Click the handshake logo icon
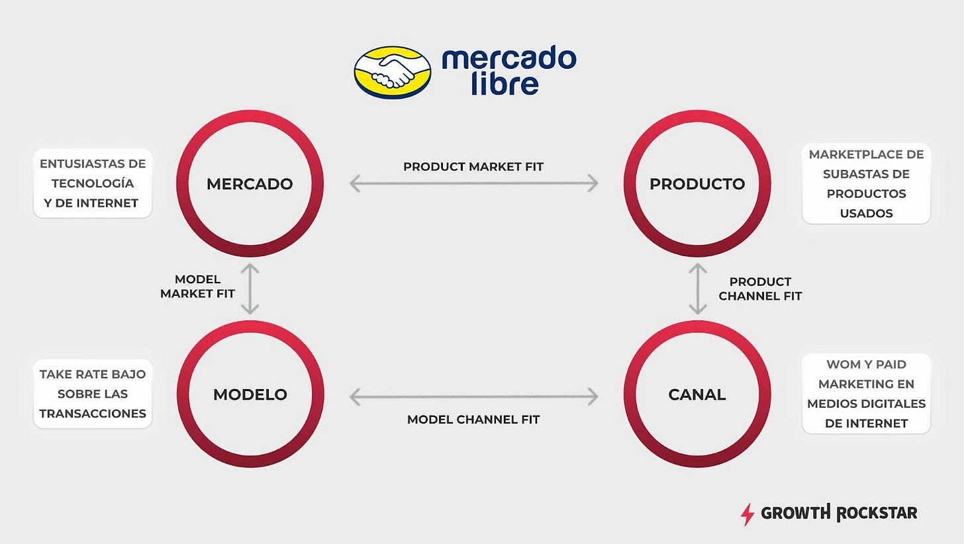pyautogui.click(x=392, y=72)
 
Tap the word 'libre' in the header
pyautogui.click(x=505, y=85)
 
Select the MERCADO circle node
pyautogui.click(x=250, y=183)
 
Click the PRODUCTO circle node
pyautogui.click(x=697, y=183)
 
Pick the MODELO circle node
pyautogui.click(x=250, y=395)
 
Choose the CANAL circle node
pyautogui.click(x=697, y=395)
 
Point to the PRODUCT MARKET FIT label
pyautogui.click(x=473, y=167)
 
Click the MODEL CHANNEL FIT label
pyautogui.click(x=473, y=420)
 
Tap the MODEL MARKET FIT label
pyautogui.click(x=197, y=287)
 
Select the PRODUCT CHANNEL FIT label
pyautogui.click(x=760, y=289)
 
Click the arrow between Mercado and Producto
pyautogui.click(x=473, y=183)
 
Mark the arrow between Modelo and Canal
pyautogui.click(x=473, y=396)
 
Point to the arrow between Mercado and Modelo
pyautogui.click(x=250, y=288)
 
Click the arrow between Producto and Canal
pyautogui.click(x=697, y=288)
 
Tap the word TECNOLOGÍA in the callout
pyautogui.click(x=93, y=183)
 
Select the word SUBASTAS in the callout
pyautogui.click(x=866, y=174)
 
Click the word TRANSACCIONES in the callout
pyautogui.click(x=93, y=414)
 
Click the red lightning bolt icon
pyautogui.click(x=747, y=514)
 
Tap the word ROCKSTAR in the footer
pyautogui.click(x=877, y=513)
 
